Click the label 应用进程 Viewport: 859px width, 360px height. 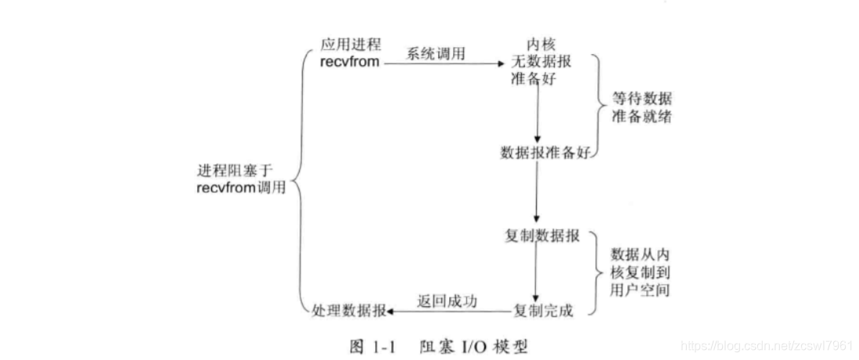(x=350, y=44)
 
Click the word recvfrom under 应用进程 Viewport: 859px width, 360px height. (x=350, y=62)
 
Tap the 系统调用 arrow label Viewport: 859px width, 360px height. (x=435, y=53)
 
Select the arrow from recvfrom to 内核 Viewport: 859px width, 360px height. (x=442, y=63)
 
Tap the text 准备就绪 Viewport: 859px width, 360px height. (x=642, y=119)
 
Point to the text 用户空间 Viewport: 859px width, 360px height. (x=642, y=290)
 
